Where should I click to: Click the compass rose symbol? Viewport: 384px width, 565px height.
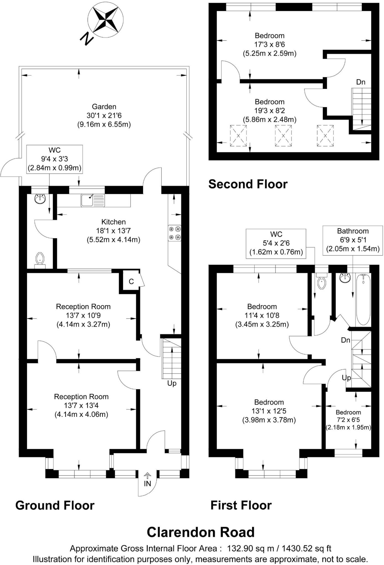tap(105, 20)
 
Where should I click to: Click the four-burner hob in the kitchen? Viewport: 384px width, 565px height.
tap(174, 233)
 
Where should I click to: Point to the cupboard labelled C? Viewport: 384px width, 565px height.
tap(131, 281)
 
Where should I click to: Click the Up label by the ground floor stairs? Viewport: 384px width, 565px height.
tap(172, 383)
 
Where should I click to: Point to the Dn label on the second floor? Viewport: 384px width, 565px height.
tap(361, 82)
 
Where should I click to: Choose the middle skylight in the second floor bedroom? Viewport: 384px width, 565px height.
tap(283, 135)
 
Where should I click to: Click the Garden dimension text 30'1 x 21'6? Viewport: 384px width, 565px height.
tap(104, 115)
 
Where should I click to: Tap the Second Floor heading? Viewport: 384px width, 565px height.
tap(248, 184)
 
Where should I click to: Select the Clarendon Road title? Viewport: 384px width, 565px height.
tap(200, 532)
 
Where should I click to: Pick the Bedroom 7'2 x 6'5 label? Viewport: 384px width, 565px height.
tap(348, 420)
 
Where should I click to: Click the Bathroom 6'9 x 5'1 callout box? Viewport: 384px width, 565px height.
tap(353, 240)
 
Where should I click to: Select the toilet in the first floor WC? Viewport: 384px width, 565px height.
tap(322, 282)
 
